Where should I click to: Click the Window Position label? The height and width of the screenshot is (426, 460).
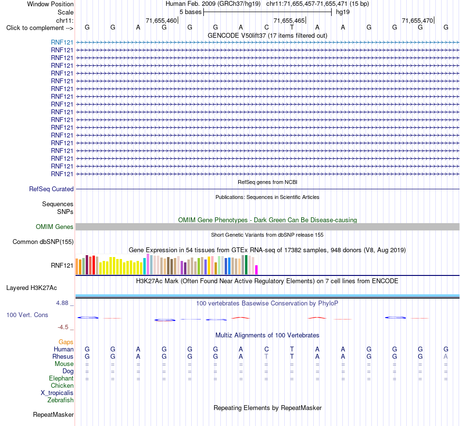point(50,4)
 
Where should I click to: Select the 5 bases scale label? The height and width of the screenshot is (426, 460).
point(190,12)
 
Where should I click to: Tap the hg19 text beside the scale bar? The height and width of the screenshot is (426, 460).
point(343,12)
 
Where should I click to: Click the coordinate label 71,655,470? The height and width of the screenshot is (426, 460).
point(417,20)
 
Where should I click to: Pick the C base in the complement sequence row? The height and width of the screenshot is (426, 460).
point(266,27)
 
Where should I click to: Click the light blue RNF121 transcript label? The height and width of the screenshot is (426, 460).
point(62,42)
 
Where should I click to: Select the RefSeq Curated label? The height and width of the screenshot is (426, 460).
point(51,189)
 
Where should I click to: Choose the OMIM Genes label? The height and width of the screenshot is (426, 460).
point(55,227)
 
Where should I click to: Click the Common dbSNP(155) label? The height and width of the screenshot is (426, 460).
point(43,242)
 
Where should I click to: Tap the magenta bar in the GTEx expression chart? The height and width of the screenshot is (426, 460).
point(256,270)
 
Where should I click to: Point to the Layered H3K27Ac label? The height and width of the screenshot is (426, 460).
point(31,288)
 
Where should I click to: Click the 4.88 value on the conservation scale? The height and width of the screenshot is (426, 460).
point(62,303)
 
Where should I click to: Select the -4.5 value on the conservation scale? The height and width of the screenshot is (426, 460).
point(63,327)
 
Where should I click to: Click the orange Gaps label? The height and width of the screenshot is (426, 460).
point(66,342)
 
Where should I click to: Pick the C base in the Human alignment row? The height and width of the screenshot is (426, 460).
point(266,349)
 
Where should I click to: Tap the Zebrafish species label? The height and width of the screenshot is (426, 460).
point(61,400)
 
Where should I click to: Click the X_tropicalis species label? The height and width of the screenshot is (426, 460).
point(57,393)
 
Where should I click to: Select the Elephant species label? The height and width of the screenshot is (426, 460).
point(61,378)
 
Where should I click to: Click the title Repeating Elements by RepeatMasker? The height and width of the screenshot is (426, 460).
point(268,408)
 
